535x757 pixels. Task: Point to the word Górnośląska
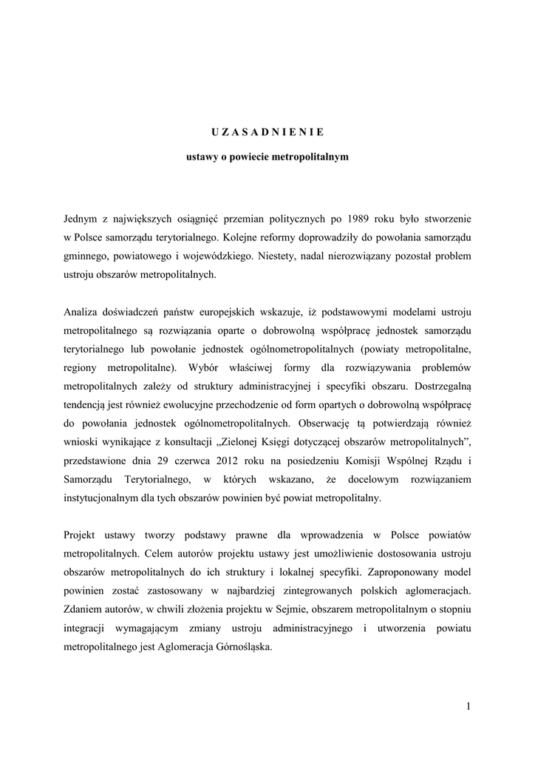coord(242,645)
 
